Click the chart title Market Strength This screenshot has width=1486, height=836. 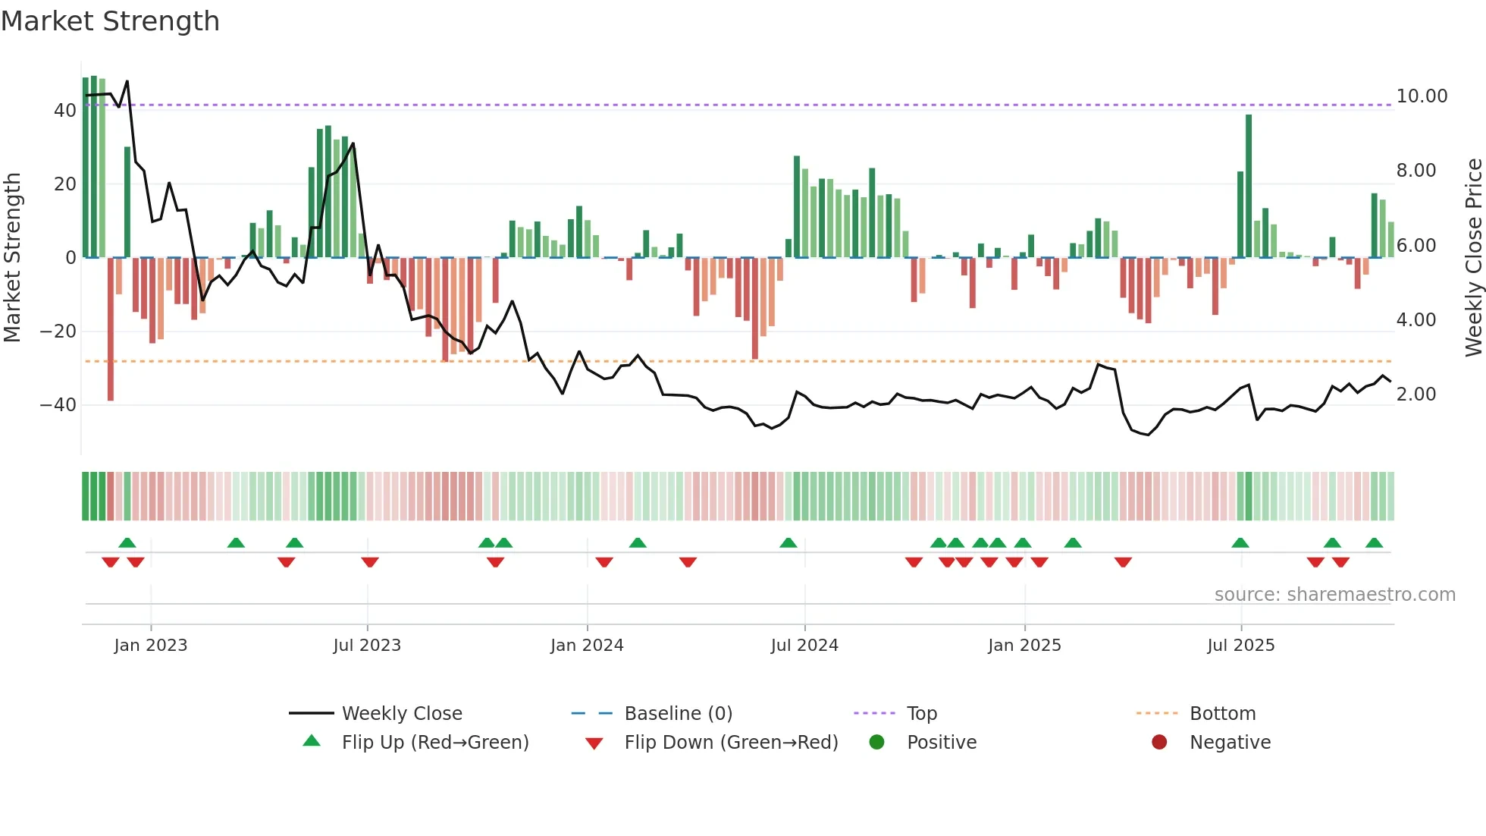[x=110, y=21]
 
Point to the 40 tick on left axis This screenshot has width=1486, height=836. [x=64, y=111]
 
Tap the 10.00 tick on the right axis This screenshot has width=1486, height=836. [x=1422, y=96]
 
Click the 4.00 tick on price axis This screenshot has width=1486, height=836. [x=1416, y=320]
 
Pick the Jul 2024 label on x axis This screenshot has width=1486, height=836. [x=804, y=646]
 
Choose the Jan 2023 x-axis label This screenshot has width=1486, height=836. [x=150, y=646]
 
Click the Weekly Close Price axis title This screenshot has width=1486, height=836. [x=1473, y=258]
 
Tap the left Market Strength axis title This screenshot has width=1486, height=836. [x=12, y=258]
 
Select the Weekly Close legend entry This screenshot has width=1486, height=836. [x=401, y=714]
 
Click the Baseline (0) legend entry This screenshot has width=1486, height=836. [x=678, y=714]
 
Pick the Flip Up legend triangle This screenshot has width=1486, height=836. [x=312, y=741]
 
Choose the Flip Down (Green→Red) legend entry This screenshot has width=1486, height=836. [x=731, y=743]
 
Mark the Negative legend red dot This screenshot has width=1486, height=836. [x=1159, y=743]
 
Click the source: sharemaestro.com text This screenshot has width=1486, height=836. [x=1334, y=595]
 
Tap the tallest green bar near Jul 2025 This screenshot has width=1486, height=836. [x=1249, y=186]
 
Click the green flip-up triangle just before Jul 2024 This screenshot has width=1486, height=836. [x=788, y=542]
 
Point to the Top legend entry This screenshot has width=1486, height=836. [x=922, y=714]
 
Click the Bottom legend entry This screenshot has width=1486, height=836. [x=1222, y=714]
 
